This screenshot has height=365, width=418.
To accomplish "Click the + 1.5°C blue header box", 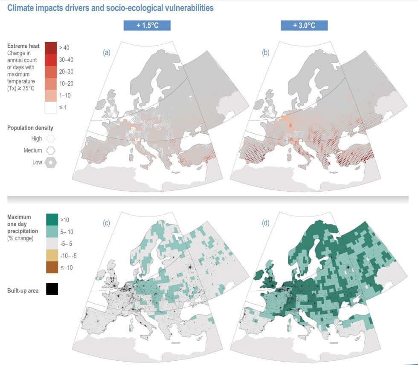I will pyautogui.click(x=147, y=26).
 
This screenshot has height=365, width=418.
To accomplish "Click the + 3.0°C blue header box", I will pyautogui.click(x=304, y=26).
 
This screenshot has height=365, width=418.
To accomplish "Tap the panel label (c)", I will pyautogui.click(x=107, y=221).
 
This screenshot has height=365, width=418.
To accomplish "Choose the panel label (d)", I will pyautogui.click(x=266, y=221).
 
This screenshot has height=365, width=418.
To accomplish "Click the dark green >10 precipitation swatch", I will pyautogui.click(x=52, y=219).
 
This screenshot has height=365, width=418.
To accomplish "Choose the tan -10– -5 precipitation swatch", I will pyautogui.click(x=52, y=255).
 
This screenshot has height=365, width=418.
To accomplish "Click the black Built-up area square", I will pyautogui.click(x=52, y=289).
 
